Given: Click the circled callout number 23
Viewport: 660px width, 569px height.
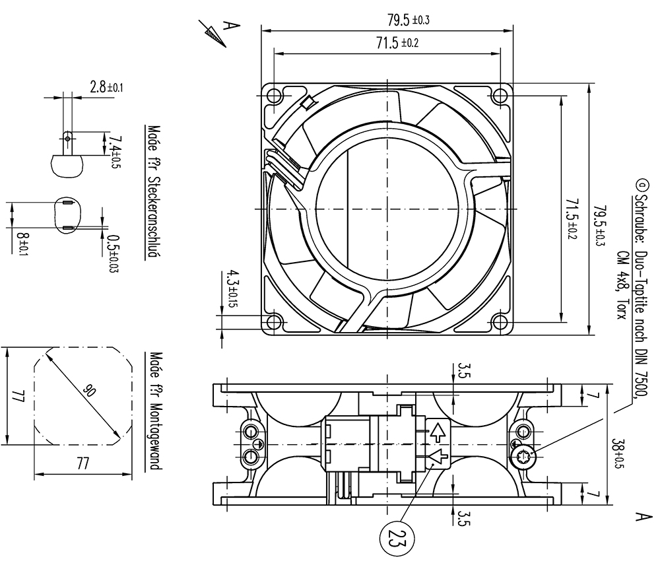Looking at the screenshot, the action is pos(397,538).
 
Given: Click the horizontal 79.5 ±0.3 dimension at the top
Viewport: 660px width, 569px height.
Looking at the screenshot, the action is pos(409,20).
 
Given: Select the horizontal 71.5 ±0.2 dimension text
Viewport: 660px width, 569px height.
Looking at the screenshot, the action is pos(397,42).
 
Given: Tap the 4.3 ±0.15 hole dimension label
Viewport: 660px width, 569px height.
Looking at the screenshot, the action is pos(232,288).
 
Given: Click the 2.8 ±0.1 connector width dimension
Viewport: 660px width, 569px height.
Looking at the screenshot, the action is pos(106,87).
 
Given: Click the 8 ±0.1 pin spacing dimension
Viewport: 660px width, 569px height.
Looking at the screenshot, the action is pos(22,245).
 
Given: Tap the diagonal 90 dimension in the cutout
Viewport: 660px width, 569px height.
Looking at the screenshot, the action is pos(89,391).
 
